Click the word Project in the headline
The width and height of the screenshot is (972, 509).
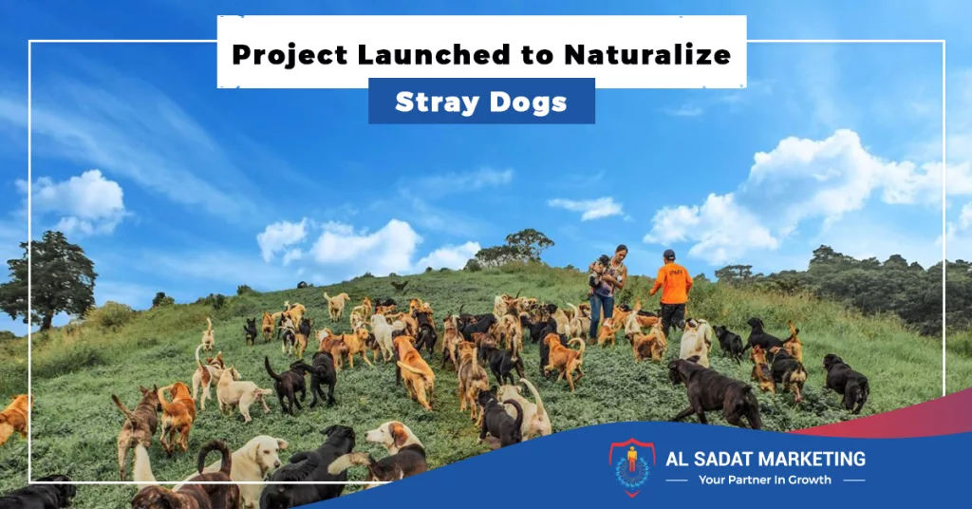pyautogui.click(x=290, y=54)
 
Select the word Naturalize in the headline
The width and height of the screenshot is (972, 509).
pyautogui.click(x=647, y=54)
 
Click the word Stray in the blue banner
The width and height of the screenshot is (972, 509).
pyautogui.click(x=433, y=103)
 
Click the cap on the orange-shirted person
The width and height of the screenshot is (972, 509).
pyautogui.click(x=668, y=254)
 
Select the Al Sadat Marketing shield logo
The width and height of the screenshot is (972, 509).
pyautogui.click(x=631, y=467)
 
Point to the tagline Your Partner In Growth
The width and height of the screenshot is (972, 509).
pyautogui.click(x=764, y=480)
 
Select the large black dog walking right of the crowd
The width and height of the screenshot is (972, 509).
pyautogui.click(x=714, y=392)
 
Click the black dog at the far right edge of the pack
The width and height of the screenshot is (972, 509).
pyautogui.click(x=846, y=382)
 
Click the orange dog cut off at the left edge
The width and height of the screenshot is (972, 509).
pyautogui.click(x=13, y=416)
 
